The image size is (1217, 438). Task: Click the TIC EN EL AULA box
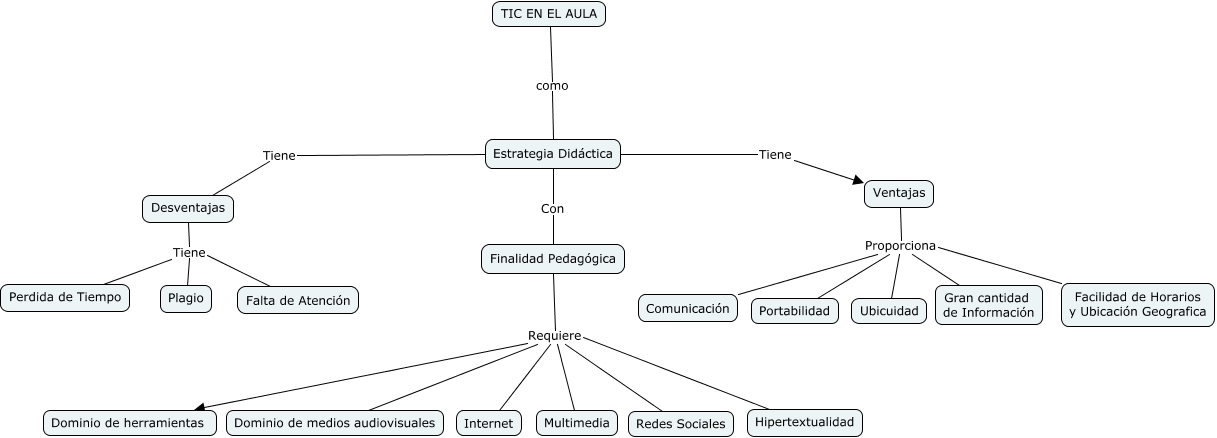click(550, 14)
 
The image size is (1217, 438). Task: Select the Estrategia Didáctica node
click(553, 154)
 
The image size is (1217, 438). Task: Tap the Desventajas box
click(188, 208)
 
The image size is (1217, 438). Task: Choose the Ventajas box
click(898, 193)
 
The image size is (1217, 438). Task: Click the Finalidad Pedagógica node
click(553, 259)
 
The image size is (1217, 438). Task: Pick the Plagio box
click(186, 298)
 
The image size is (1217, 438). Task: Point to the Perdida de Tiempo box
click(66, 297)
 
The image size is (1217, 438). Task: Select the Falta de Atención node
click(297, 300)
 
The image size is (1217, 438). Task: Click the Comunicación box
click(687, 308)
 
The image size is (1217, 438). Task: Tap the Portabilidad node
click(794, 311)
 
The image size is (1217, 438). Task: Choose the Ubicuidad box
click(889, 311)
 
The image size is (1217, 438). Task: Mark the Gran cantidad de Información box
click(988, 305)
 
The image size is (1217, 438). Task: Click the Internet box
click(488, 423)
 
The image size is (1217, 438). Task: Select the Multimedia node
click(576, 423)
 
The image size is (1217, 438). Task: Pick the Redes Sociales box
click(680, 424)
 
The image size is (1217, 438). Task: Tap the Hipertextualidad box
click(804, 422)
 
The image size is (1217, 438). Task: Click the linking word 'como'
click(552, 86)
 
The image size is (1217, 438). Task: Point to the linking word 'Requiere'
click(554, 336)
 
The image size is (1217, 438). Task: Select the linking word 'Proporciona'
click(900, 246)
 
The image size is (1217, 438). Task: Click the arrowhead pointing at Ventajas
click(857, 180)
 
